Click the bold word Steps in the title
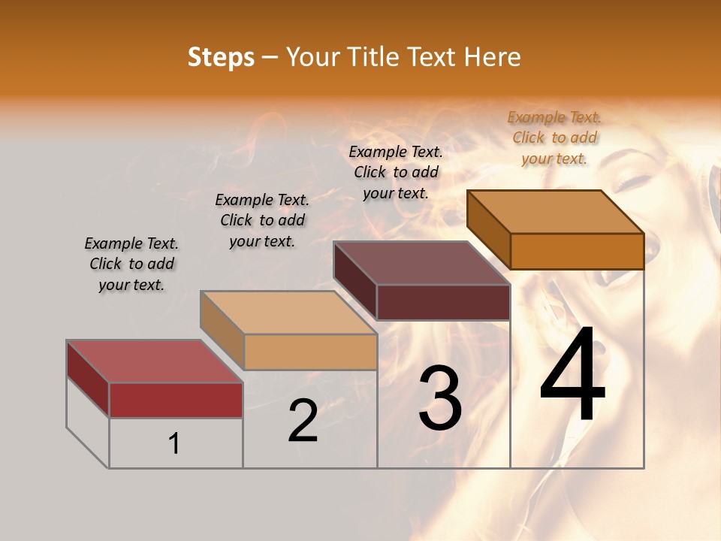221,57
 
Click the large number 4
573,376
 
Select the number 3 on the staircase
440,398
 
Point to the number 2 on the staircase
303,421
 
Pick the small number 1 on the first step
174,444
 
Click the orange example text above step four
554,138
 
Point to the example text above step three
396,172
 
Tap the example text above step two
262,220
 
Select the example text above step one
131,264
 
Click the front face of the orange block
577,251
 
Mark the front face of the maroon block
443,303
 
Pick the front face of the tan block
310,352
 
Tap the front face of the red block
176,400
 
